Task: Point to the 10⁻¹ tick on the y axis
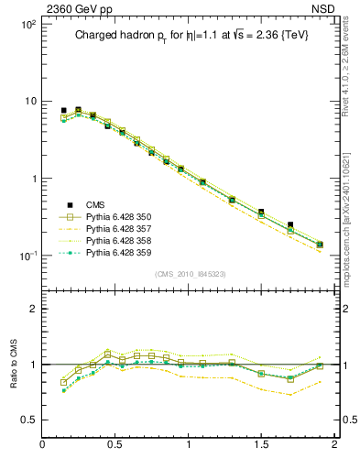[27, 256]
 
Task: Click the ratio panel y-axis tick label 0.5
[28, 420]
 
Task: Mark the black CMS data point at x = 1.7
[290, 224]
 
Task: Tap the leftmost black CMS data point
[63, 111]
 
